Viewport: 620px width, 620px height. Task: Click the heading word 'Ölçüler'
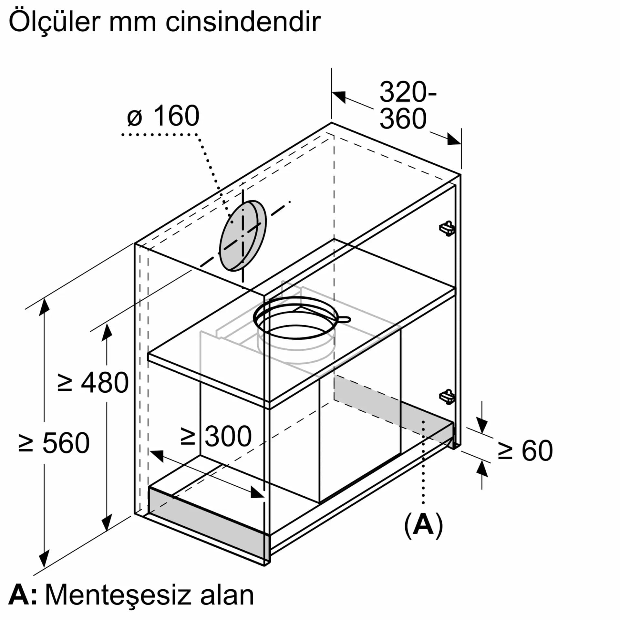pos(55,22)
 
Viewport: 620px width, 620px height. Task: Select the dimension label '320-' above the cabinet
pos(408,92)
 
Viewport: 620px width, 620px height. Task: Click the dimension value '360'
pos(403,119)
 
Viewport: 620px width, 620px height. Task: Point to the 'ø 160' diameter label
pos(163,116)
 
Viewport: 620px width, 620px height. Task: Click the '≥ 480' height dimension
pos(93,383)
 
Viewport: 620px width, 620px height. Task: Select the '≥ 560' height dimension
pos(54,443)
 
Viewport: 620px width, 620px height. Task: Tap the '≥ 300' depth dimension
pos(216,436)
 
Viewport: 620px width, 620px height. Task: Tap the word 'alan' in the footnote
pos(227,595)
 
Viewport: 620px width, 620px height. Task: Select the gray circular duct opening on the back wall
pos(243,235)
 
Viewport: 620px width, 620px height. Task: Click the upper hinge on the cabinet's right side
pos(448,228)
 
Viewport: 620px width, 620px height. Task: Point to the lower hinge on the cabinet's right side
pos(448,397)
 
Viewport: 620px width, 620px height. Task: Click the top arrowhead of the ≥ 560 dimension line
pos(44,307)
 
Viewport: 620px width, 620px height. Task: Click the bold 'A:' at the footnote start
pos(23,595)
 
